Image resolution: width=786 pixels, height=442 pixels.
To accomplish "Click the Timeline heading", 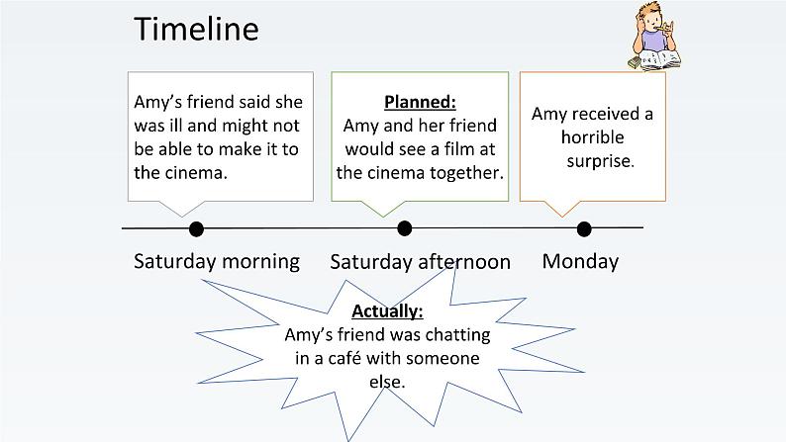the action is [196, 29].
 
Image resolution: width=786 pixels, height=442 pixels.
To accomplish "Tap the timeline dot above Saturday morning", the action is [196, 229].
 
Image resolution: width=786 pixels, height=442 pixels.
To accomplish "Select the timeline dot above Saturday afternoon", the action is [405, 228].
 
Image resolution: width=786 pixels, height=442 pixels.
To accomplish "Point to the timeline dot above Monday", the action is [584, 229].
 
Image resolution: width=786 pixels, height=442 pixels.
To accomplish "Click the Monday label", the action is [580, 262].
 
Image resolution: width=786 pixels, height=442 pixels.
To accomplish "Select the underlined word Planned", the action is [420, 102].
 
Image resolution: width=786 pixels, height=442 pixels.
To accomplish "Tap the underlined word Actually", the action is [387, 311].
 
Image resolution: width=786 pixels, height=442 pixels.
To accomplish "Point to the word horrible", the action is [593, 137].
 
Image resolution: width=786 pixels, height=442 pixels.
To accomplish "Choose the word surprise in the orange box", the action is [601, 161].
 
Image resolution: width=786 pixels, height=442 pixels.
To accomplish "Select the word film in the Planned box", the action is [459, 148].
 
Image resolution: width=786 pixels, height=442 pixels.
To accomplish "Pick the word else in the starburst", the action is [387, 382].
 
